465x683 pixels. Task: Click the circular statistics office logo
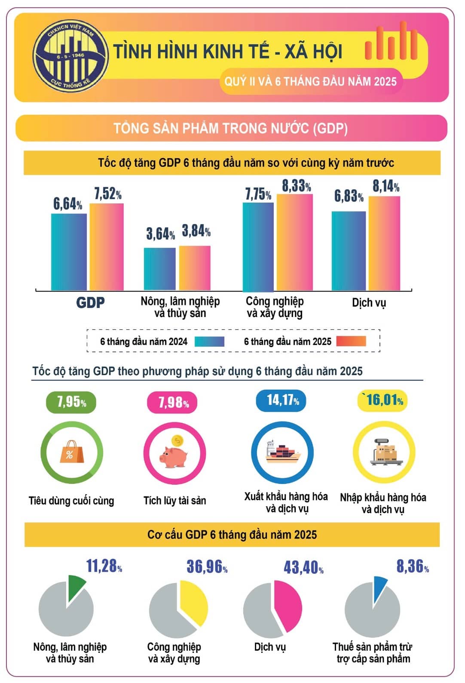71,56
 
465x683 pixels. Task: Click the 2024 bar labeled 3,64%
159,269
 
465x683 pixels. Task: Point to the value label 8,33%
296,186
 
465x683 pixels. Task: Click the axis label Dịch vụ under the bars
369,303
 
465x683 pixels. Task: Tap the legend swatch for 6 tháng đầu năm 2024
209,341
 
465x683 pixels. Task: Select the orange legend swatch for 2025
351,341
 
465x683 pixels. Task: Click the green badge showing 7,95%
71,402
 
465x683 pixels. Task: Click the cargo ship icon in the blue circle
282,453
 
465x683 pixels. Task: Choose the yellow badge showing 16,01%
382,400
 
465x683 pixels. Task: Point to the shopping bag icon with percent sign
71,452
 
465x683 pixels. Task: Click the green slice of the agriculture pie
76,587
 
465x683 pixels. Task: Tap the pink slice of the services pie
289,604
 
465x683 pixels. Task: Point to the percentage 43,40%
303,568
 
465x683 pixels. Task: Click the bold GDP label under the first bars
90,303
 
